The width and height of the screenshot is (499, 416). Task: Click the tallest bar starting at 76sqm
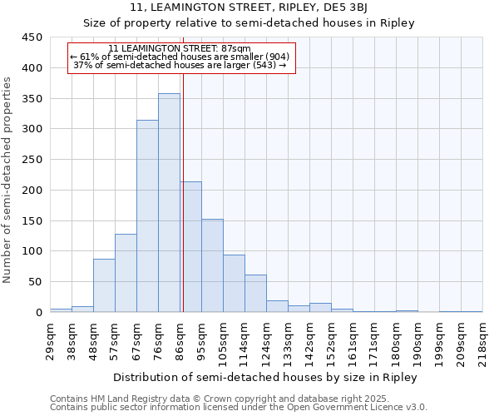point(169,203)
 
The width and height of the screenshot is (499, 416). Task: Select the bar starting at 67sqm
point(147,216)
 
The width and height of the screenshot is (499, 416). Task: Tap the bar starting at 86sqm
point(190,247)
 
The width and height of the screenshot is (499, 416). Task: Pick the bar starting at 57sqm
point(126,273)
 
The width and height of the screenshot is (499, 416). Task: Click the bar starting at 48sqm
point(104,285)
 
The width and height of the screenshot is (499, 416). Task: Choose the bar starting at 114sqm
point(255,294)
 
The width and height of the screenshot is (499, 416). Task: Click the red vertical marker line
point(183,208)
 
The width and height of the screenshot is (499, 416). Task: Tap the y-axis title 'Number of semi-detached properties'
point(8,180)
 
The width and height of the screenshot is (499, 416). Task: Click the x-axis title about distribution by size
point(266,377)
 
